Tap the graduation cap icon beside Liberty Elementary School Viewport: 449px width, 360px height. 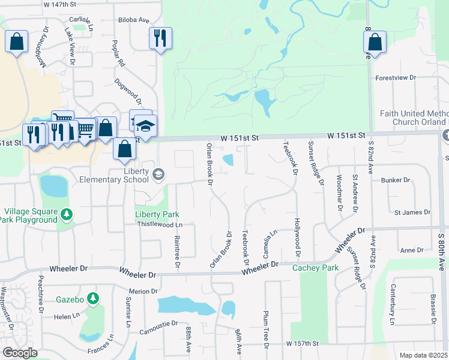pos(158,175)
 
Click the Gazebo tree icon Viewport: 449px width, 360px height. pos(92,298)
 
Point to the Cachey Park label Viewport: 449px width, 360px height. pos(315,268)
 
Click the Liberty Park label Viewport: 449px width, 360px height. pos(157,214)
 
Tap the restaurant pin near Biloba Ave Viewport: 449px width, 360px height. pos(160,38)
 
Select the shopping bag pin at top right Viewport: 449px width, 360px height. pos(375,43)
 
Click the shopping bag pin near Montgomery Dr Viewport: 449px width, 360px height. pos(17,42)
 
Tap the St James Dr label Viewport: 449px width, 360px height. pos(412,212)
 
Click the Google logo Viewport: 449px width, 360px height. pos(20,353)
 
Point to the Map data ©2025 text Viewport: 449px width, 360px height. pos(423,355)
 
